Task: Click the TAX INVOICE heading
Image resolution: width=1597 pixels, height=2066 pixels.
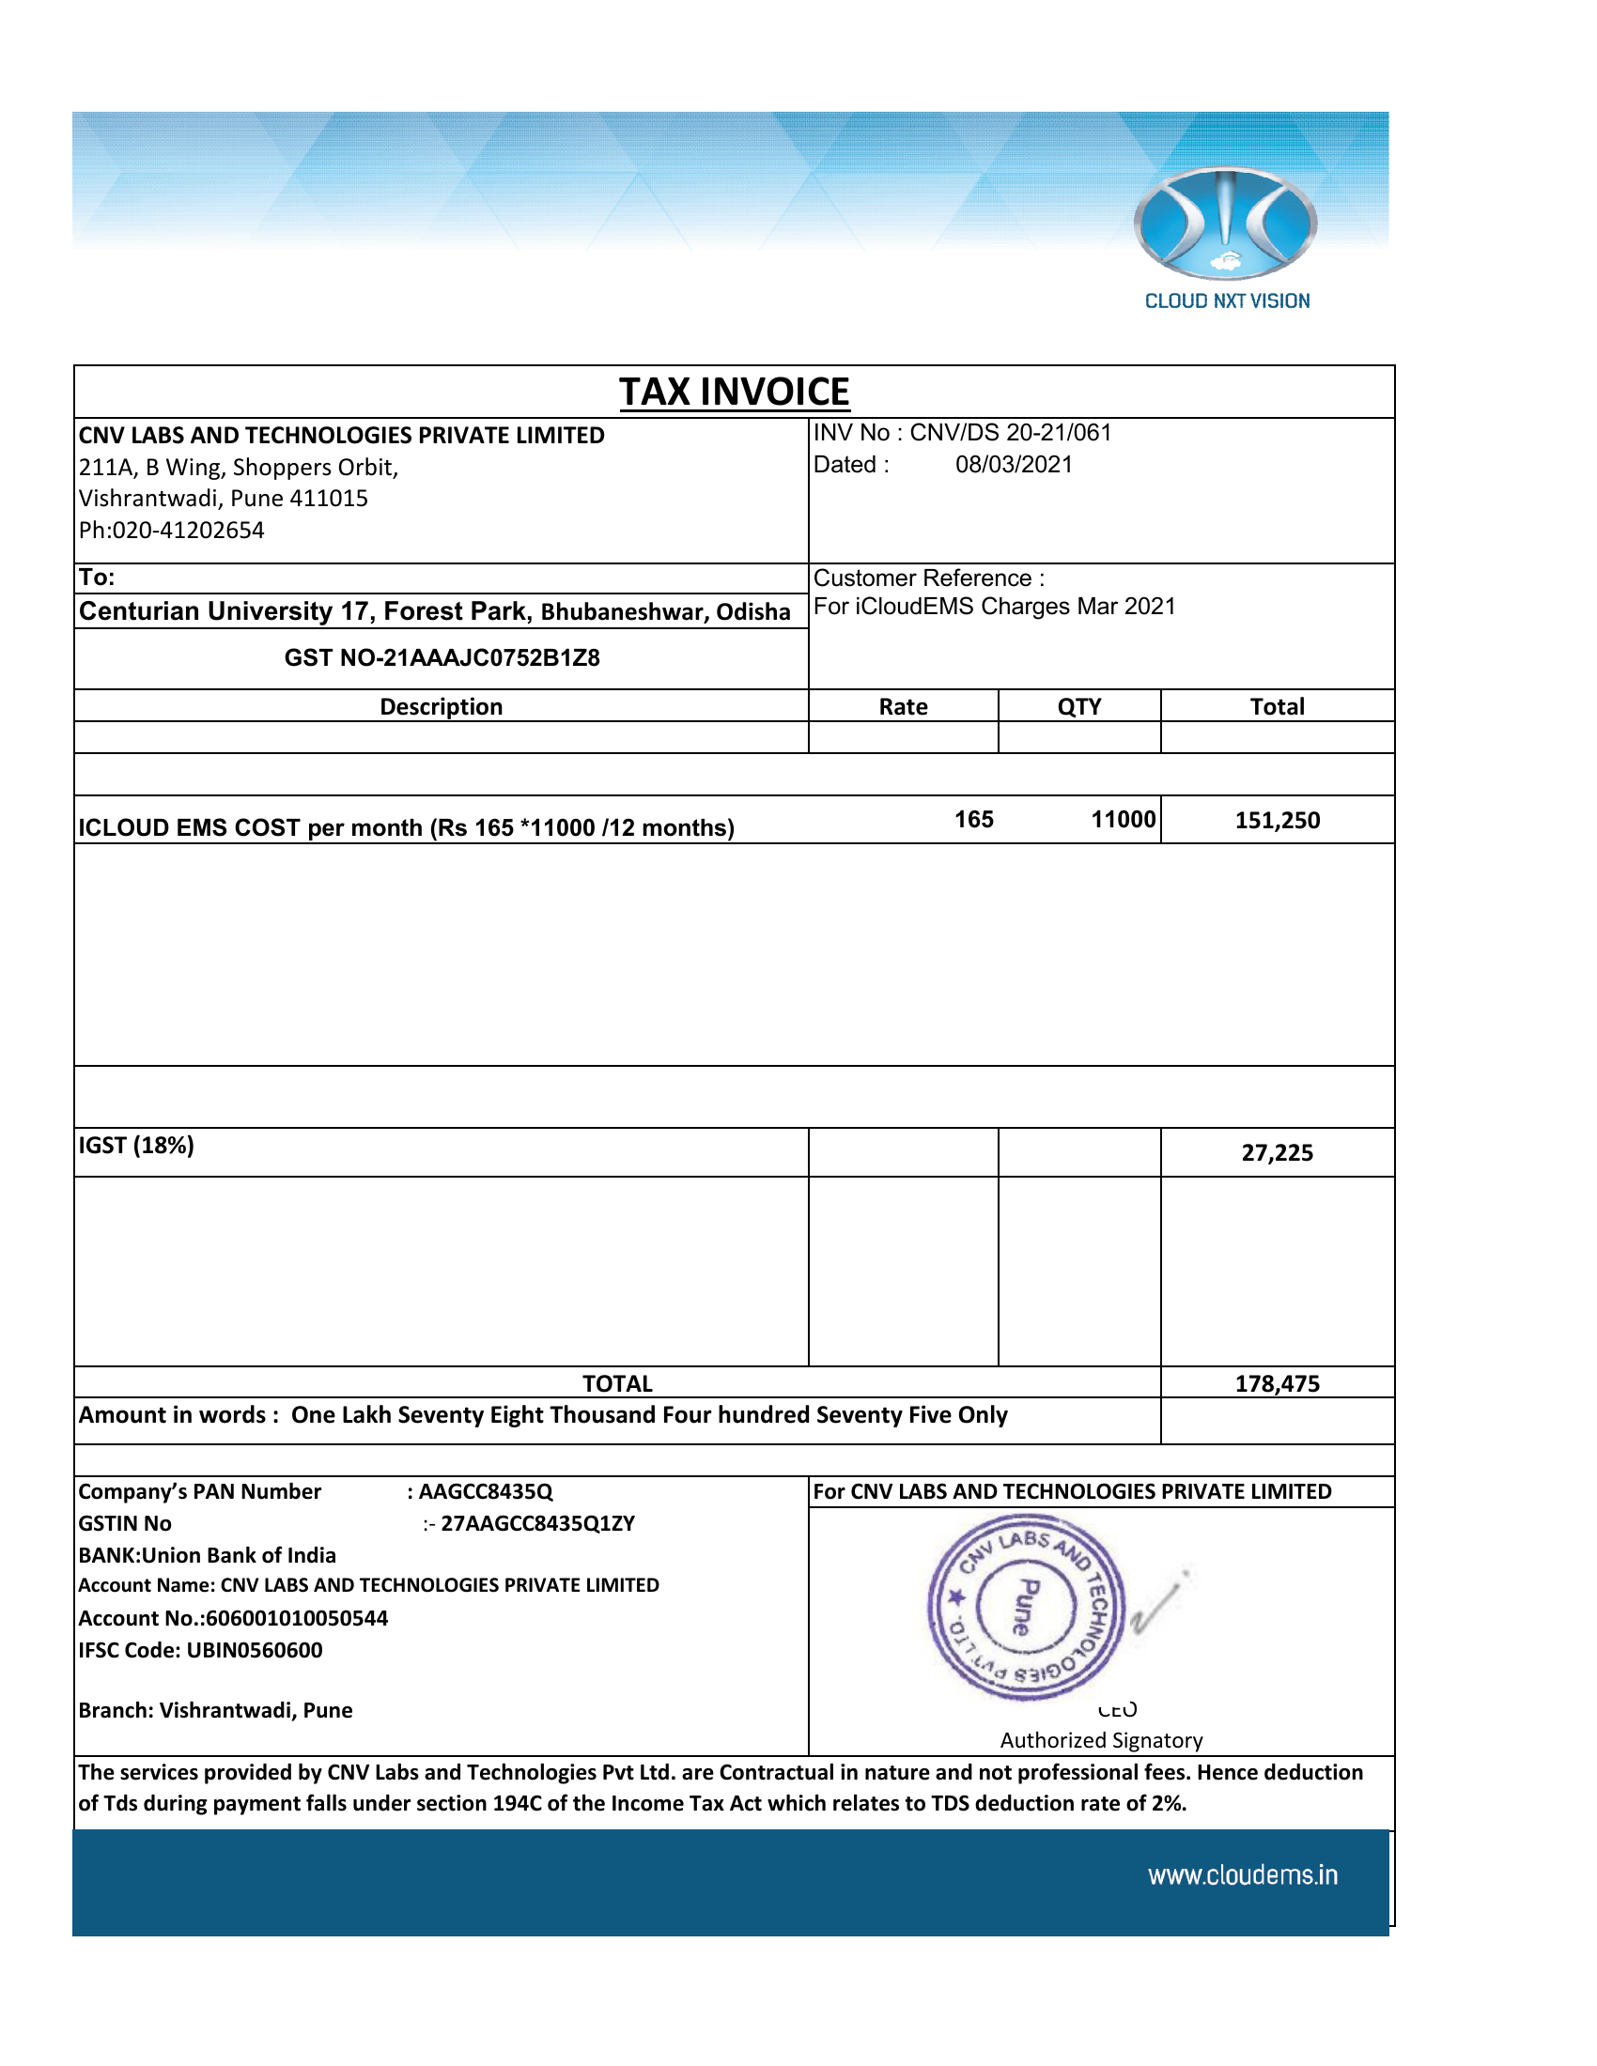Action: [x=735, y=392]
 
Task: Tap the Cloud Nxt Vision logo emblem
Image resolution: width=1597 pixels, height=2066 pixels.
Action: [x=1225, y=224]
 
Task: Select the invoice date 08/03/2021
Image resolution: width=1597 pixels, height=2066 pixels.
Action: [x=1014, y=465]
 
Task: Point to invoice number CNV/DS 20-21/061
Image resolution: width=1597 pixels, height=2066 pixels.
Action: [x=1011, y=432]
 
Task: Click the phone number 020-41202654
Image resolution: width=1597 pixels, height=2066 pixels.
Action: [x=188, y=530]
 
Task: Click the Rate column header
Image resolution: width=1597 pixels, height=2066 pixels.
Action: [x=903, y=706]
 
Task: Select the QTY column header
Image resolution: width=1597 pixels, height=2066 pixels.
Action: [x=1078, y=706]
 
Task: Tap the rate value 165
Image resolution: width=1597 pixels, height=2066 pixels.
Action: [x=973, y=819]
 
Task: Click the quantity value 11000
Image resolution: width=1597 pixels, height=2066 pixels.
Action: [x=1123, y=819]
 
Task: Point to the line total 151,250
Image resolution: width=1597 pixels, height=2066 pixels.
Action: [x=1277, y=820]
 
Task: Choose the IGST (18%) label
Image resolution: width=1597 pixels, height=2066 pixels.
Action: [x=136, y=1146]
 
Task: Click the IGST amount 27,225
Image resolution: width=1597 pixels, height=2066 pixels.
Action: [x=1277, y=1152]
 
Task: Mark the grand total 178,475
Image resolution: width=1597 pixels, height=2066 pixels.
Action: [x=1277, y=1383]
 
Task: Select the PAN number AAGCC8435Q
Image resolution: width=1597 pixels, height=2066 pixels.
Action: [x=486, y=1491]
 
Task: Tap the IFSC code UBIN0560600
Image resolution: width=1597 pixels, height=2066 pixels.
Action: [x=254, y=1650]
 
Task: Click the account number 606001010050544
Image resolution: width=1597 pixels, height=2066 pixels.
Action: [x=296, y=1618]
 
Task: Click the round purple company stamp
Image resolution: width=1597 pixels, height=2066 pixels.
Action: [x=1026, y=1607]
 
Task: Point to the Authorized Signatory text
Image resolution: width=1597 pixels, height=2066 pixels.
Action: [x=1101, y=1739]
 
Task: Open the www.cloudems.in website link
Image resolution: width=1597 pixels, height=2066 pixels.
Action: [x=1242, y=1875]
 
